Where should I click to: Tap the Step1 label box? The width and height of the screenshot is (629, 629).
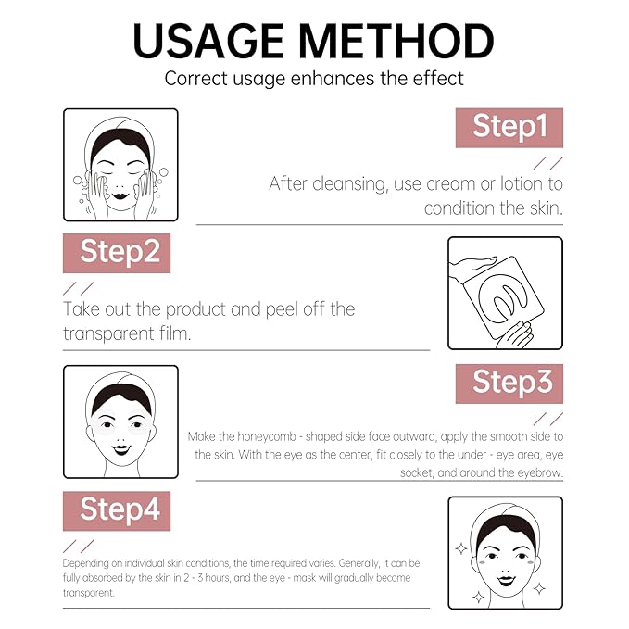509,127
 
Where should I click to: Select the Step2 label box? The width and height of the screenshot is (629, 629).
117,252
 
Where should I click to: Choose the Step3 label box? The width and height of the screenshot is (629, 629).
509,382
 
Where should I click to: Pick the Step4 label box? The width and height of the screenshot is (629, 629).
117,509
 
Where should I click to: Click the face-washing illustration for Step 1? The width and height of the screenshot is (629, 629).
120,165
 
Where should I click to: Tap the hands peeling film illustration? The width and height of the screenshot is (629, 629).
505,294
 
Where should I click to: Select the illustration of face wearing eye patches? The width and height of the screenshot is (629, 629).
120,421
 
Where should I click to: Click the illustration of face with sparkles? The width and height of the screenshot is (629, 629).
505,552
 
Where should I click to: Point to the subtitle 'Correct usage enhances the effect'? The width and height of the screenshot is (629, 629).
314,78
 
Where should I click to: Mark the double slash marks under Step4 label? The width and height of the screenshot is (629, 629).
78,544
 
